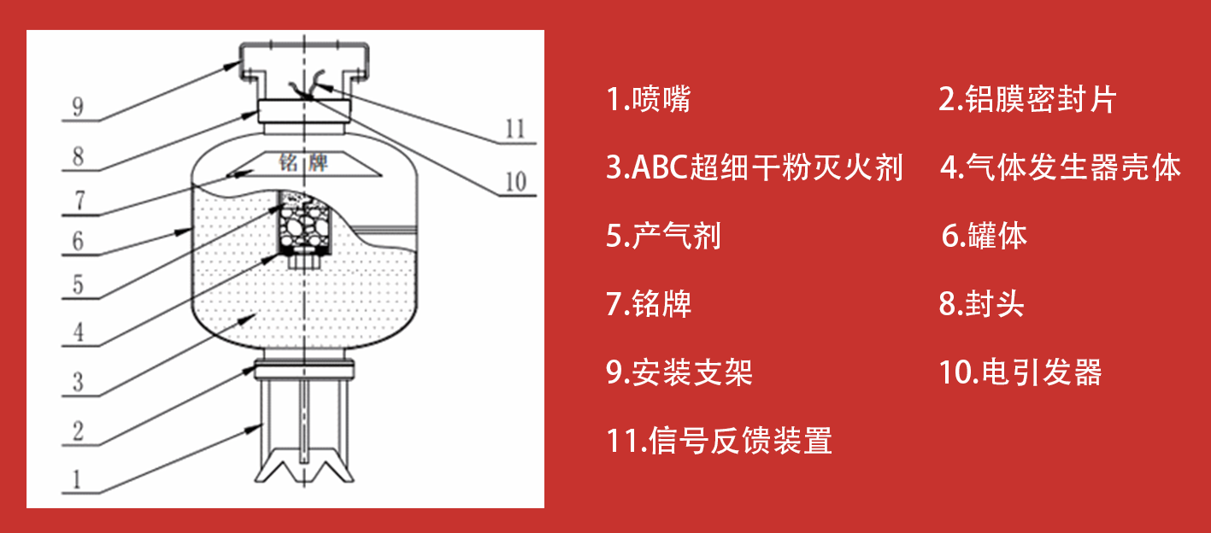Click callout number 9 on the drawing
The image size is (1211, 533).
(x=79, y=107)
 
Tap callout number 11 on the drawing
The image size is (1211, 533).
(x=514, y=129)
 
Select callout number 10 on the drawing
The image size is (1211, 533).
(x=515, y=182)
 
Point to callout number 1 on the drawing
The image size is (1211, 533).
(x=77, y=479)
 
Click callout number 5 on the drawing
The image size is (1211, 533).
(x=79, y=284)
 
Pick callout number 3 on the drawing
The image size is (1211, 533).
(x=79, y=382)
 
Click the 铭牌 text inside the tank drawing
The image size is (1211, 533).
(x=303, y=161)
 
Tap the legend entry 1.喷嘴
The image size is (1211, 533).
(x=648, y=99)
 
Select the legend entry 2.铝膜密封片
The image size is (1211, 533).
(x=1027, y=99)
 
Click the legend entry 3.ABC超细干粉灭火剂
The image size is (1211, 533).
(x=755, y=167)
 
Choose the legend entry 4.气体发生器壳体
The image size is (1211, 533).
(x=1061, y=167)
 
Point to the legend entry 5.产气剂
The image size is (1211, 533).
(x=663, y=236)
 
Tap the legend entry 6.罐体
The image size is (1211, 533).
(x=984, y=236)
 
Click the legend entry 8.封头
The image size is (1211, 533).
(x=982, y=304)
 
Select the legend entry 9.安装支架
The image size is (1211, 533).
(x=679, y=372)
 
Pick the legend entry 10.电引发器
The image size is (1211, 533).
(x=1020, y=372)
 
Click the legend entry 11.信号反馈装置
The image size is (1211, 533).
(x=719, y=441)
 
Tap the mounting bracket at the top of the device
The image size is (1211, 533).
(x=304, y=62)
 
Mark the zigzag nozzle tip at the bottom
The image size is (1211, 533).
(x=304, y=465)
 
